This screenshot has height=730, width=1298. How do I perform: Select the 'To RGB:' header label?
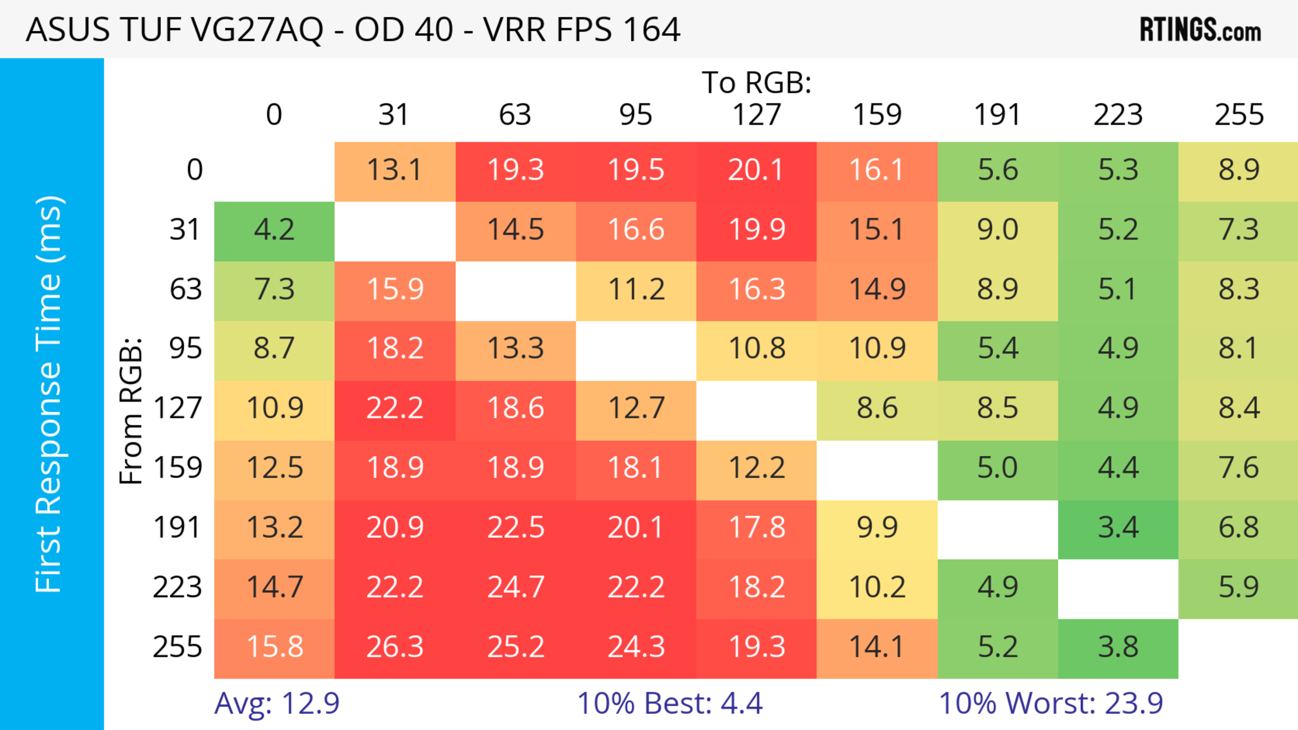pos(756,82)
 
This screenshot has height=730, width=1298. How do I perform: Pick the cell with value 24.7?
pos(515,587)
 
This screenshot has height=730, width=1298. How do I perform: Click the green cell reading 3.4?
pos(1118,528)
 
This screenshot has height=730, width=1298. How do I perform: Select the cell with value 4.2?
pos(274,230)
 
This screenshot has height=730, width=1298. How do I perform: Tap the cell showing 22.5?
pos(515,528)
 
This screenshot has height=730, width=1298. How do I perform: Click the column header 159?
pos(877,115)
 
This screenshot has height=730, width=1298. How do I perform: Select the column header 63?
pos(515,115)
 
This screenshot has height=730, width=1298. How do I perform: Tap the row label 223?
pos(177,587)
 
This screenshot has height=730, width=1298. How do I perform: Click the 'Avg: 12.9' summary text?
pos(277,703)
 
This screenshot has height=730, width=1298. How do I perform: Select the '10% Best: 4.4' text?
pos(670,703)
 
